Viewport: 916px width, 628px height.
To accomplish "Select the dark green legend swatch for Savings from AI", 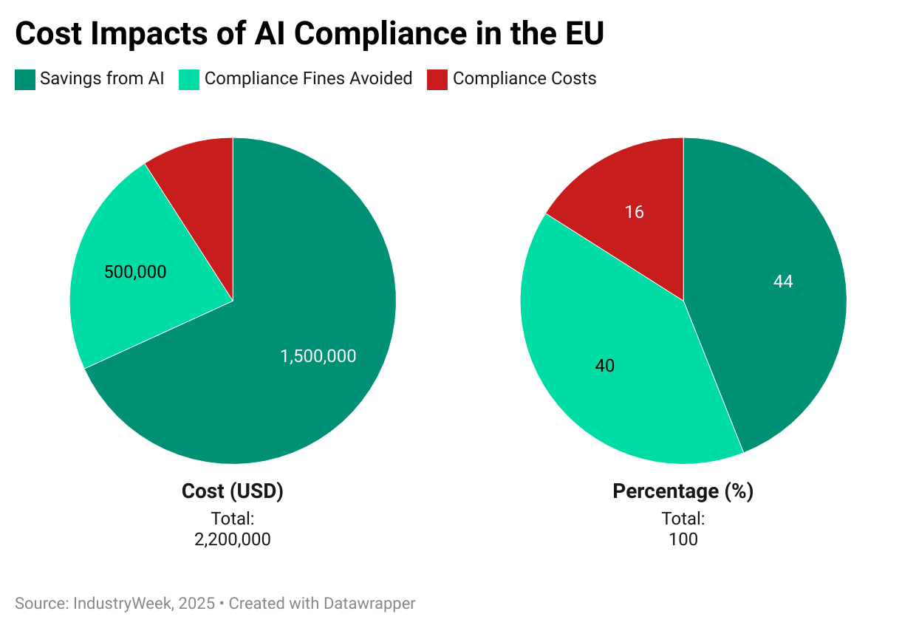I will point(25,79).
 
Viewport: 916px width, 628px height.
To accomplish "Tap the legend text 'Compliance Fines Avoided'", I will point(308,78).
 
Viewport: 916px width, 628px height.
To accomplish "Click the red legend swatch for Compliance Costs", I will point(437,79).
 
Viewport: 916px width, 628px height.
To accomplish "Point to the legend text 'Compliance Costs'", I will point(524,78).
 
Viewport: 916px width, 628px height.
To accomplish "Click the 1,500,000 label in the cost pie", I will point(318,356).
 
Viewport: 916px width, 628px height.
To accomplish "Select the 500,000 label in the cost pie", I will point(135,272).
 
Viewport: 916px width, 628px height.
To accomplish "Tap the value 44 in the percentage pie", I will point(783,281).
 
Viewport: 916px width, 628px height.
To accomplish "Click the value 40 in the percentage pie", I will point(604,366).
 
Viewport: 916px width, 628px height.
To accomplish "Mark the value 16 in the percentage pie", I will point(634,212).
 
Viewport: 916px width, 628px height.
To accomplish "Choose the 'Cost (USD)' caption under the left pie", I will point(233,491).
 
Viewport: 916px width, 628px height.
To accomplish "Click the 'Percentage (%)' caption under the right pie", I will point(683,491).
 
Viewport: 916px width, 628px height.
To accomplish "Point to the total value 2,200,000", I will point(233,539).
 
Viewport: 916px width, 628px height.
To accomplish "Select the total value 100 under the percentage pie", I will point(683,539).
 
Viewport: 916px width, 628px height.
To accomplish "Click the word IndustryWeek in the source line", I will point(124,604).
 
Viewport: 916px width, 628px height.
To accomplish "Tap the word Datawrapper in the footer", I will point(369,604).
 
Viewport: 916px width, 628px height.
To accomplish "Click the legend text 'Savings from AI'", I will point(102,78).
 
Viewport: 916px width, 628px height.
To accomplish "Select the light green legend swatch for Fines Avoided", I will point(189,79).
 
